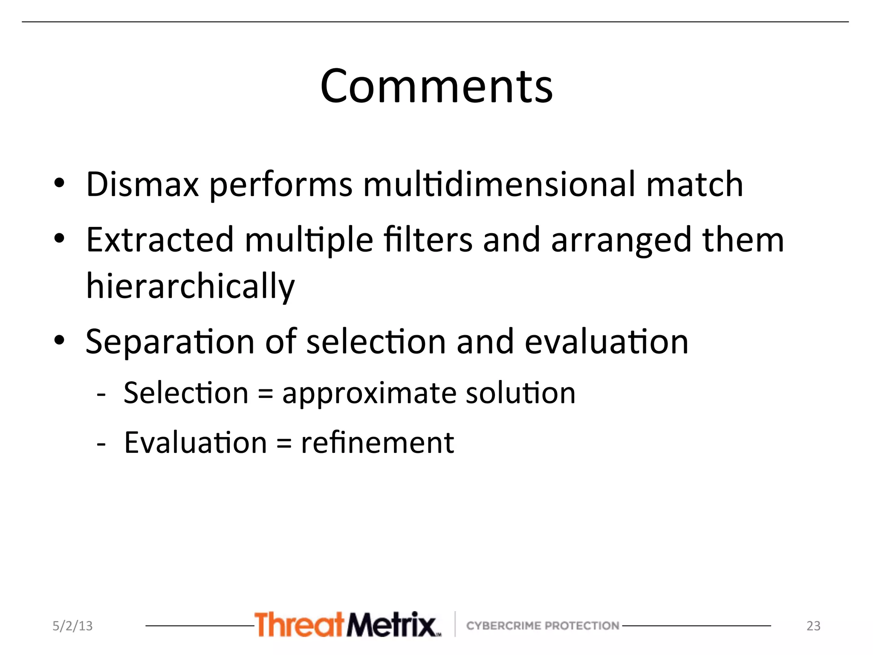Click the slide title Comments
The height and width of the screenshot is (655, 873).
436,87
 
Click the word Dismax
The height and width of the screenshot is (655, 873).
142,184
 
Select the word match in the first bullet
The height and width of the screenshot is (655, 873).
694,184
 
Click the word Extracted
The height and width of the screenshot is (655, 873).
160,240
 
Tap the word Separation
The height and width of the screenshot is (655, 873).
170,342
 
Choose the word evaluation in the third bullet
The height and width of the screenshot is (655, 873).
606,342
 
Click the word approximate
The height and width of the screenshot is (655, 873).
369,394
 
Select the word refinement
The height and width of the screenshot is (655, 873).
377,443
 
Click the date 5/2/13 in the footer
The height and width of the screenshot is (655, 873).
72,626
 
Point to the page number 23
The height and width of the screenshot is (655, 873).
813,626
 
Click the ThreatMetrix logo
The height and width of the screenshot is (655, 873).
347,625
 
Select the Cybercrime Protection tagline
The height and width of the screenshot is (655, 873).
542,626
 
